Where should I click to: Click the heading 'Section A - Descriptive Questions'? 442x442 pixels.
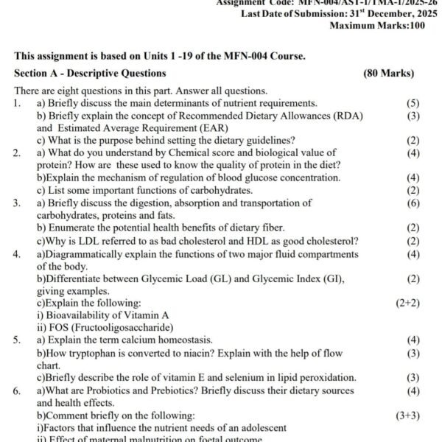point(90,73)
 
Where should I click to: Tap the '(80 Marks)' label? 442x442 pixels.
point(388,73)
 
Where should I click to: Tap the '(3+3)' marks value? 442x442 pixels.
point(407,415)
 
